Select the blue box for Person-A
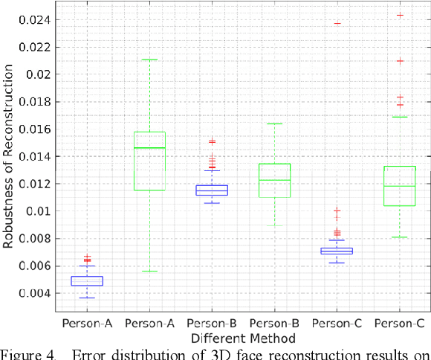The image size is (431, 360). point(87,281)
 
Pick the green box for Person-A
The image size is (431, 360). point(149,161)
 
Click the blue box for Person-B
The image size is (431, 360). point(212,190)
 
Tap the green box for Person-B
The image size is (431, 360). point(274,180)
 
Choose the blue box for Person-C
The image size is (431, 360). point(337,251)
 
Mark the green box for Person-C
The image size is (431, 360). point(399,186)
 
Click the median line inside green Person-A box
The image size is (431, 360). point(149,148)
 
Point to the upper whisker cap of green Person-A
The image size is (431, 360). point(149,60)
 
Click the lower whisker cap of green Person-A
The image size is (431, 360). point(149,271)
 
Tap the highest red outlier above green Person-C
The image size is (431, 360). point(399,15)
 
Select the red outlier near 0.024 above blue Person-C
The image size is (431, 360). point(337,23)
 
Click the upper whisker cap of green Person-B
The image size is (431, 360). point(274,123)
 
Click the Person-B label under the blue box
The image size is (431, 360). point(212,324)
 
